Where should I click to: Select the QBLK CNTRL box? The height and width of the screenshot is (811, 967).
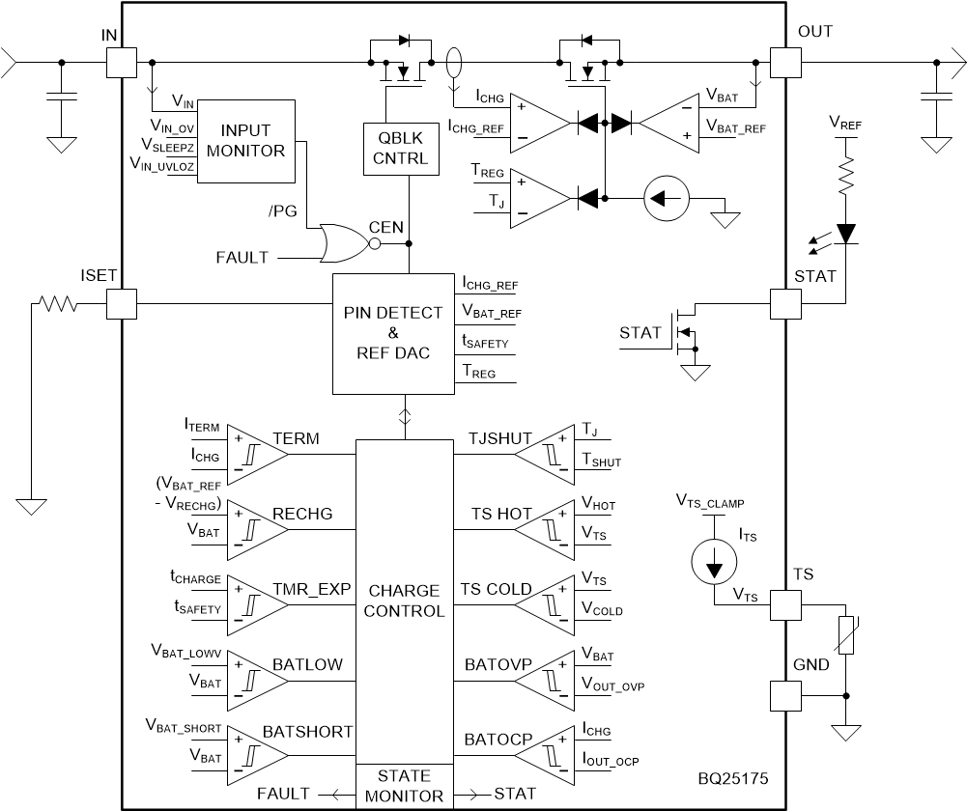tap(395, 149)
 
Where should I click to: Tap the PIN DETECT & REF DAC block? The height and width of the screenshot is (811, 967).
tap(394, 333)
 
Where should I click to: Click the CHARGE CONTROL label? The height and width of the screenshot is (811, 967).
tap(405, 601)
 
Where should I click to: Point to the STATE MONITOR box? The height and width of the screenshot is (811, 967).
tap(405, 786)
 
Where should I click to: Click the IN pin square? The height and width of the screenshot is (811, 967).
tap(121, 63)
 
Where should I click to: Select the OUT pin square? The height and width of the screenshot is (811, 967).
tap(783, 63)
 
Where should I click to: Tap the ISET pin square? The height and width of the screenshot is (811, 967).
tap(121, 304)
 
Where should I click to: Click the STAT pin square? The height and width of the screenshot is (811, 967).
tap(783, 304)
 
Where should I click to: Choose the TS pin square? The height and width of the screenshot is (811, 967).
tap(783, 604)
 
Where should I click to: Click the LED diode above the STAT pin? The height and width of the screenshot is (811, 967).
tap(847, 233)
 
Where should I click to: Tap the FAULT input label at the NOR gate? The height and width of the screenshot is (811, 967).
tap(245, 258)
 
